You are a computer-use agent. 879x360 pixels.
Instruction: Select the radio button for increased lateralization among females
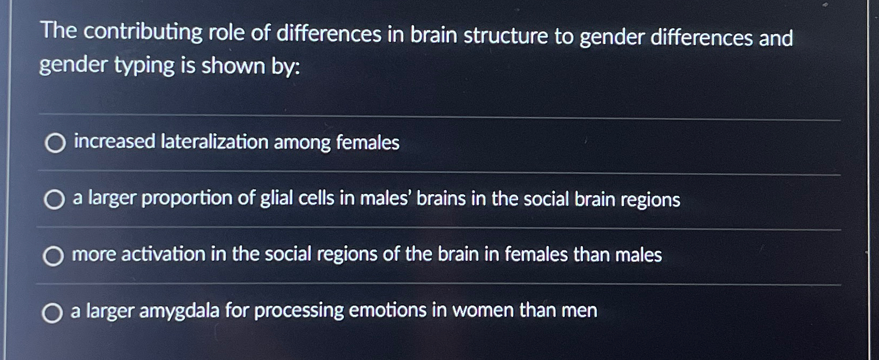(55, 143)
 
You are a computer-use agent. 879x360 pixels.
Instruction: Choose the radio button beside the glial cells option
(54, 200)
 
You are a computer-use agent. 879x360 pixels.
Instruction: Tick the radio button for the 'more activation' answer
(53, 256)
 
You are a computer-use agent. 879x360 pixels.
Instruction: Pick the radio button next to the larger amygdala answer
(52, 313)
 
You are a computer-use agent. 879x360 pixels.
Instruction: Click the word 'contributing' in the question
(143, 32)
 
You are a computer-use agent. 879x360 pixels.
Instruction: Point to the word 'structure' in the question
(506, 36)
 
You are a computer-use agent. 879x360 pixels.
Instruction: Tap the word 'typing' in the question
(144, 65)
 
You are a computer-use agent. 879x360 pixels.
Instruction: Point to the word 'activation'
(163, 254)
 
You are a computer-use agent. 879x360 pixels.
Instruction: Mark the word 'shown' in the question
(233, 66)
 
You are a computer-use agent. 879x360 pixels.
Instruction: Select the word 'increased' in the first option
(114, 142)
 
